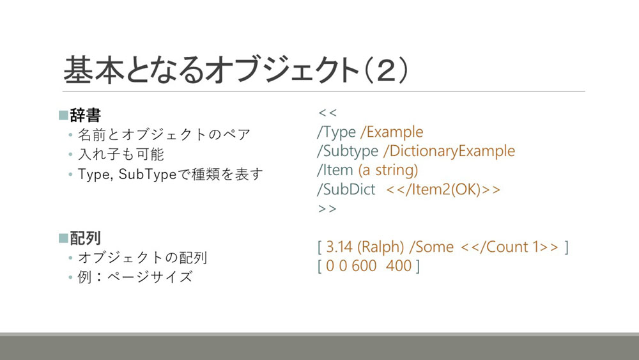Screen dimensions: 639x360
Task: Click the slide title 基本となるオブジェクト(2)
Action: coord(236,70)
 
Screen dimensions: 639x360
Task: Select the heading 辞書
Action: coord(85,115)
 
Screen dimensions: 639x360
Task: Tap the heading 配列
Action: coord(85,238)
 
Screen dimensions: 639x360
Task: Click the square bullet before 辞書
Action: coord(63,115)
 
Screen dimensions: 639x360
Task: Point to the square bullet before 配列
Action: coord(63,238)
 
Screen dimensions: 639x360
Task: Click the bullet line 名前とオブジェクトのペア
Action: coord(164,134)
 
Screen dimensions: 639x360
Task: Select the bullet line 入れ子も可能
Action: coord(121,154)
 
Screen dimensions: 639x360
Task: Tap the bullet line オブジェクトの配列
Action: coord(142,257)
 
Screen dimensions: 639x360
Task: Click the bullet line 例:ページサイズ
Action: coord(135,278)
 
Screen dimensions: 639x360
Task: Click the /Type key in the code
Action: coord(337,132)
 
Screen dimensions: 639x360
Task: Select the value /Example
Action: coord(392,132)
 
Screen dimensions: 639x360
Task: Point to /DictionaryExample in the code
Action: coord(449,151)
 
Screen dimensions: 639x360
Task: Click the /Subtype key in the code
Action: coord(348,152)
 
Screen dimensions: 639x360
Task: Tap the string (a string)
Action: coord(388,170)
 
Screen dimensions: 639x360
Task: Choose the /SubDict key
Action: coord(346,189)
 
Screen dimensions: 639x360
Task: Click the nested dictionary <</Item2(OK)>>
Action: coord(443,189)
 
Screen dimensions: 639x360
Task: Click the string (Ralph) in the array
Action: coord(381,247)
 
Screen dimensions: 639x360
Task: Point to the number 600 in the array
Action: coord(364,266)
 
